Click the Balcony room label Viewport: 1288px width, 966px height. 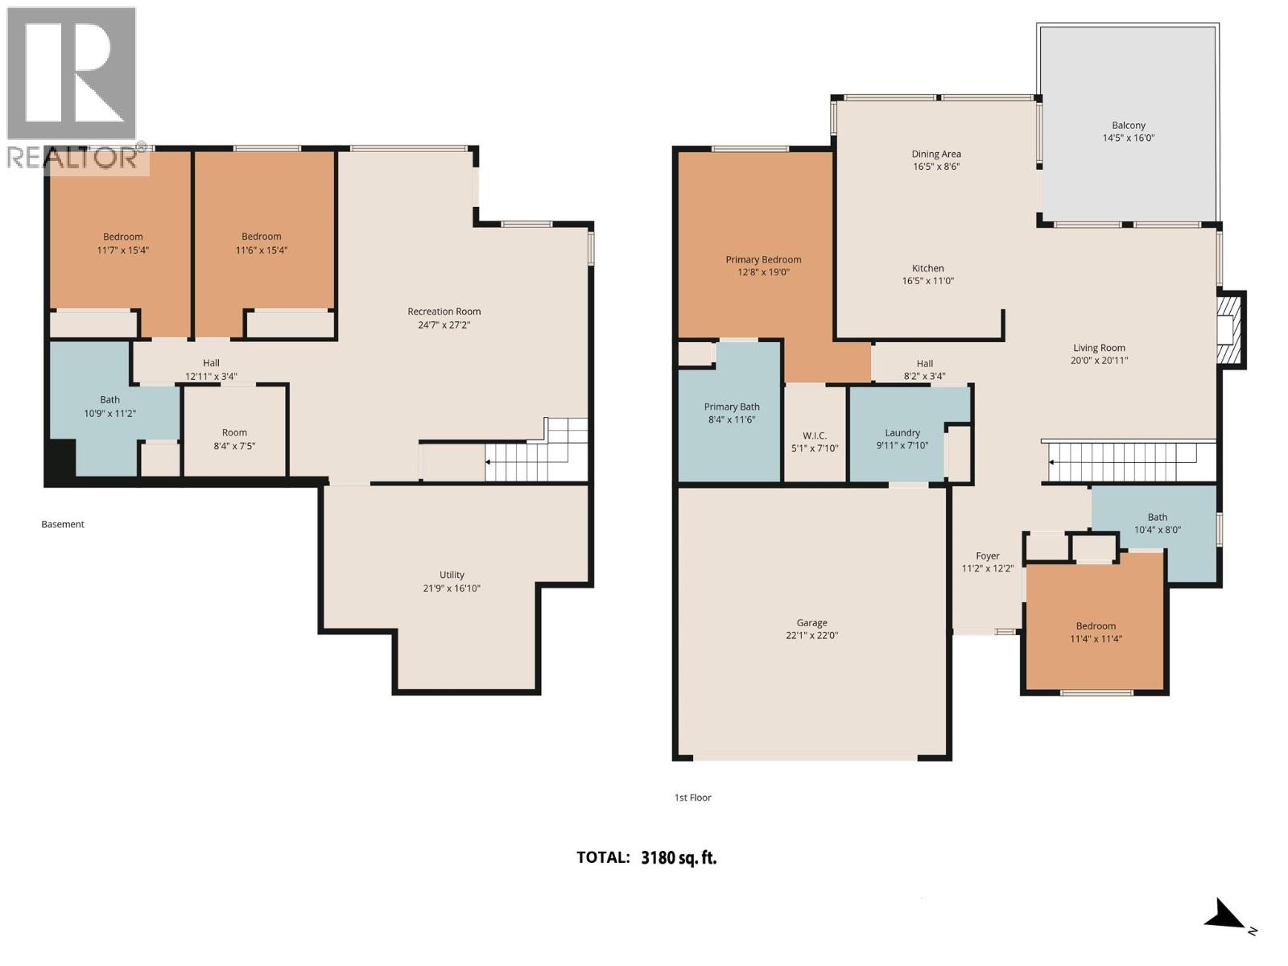[1128, 126]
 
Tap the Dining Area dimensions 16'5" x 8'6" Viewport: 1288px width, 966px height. [936, 167]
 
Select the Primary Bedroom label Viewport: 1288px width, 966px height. [763, 259]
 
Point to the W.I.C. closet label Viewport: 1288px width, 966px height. [815, 436]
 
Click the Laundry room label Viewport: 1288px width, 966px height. [902, 432]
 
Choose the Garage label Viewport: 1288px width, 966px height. [811, 622]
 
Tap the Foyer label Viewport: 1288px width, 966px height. [987, 555]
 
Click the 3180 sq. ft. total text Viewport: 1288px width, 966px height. [679, 857]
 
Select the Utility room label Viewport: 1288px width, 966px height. [452, 575]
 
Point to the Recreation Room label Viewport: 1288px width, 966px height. [444, 312]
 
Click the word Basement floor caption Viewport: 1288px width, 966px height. [63, 524]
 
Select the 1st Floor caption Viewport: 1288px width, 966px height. [692, 798]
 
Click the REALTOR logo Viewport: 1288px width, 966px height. [72, 89]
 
